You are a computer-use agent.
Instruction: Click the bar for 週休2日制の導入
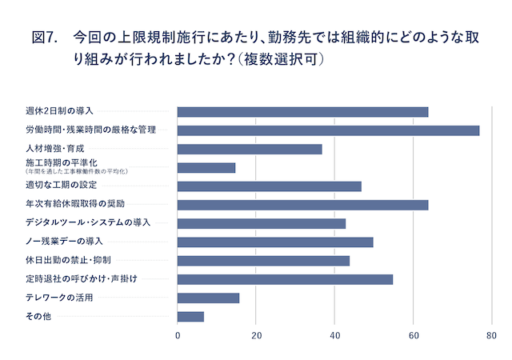[302, 112]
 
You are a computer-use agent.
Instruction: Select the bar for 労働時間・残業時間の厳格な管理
[328, 130]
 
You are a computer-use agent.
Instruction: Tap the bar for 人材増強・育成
[250, 149]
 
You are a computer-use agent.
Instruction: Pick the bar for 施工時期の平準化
[206, 168]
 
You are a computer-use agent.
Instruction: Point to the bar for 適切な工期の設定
[269, 186]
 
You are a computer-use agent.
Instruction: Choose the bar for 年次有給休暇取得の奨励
[302, 205]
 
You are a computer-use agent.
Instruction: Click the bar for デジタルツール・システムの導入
[262, 223]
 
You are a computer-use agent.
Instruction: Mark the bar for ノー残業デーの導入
[275, 242]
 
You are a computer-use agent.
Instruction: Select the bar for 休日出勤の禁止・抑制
[263, 261]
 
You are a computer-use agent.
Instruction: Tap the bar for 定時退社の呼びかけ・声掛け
[285, 279]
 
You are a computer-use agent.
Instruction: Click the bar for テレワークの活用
[208, 298]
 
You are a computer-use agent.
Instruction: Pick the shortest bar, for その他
[190, 317]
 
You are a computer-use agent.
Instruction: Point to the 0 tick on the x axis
[178, 337]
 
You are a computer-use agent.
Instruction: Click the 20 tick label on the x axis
[256, 337]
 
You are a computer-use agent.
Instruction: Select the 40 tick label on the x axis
[334, 337]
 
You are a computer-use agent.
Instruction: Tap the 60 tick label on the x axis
[413, 337]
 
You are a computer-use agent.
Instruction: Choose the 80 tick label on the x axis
[491, 337]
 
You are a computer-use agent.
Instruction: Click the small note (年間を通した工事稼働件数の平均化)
[77, 171]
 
